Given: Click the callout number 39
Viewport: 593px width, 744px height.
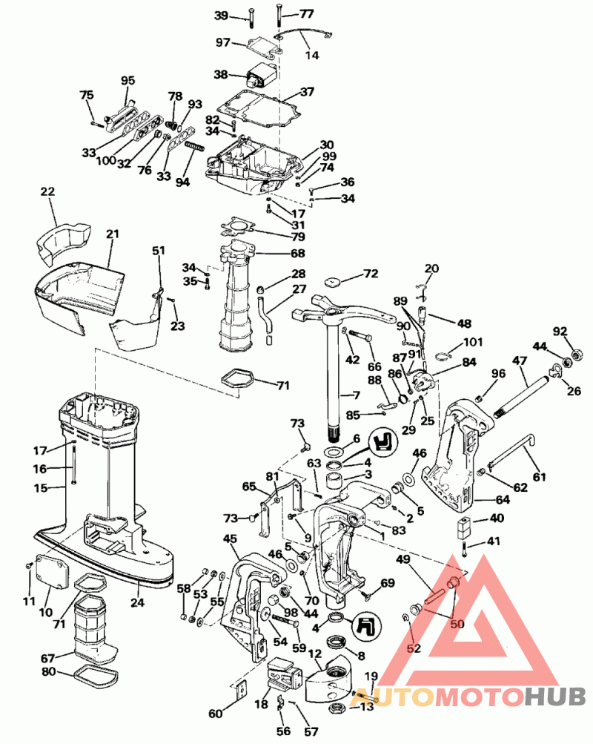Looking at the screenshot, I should [222, 16].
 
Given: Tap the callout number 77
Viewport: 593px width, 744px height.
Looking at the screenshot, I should [307, 14].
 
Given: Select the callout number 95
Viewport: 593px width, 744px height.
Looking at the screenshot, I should [128, 80].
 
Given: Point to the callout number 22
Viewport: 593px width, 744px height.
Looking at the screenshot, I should [47, 191].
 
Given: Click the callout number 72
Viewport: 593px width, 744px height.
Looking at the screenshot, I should [371, 274].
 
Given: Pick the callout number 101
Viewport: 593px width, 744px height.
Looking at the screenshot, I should [472, 343].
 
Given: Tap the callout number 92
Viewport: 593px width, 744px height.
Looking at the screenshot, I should [560, 331].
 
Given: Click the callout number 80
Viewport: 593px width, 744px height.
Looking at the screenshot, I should [47, 672].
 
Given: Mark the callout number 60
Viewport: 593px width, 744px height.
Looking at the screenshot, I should [215, 714].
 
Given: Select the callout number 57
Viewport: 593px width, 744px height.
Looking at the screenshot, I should [311, 731].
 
